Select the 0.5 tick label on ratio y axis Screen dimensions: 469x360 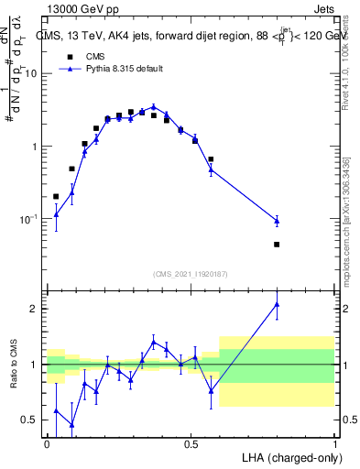31,420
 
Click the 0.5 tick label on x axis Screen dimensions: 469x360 191,444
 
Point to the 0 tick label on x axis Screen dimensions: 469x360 47,444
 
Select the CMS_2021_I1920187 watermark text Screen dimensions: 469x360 190,274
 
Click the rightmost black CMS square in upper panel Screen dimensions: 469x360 277,245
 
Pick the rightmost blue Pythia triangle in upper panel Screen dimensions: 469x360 277,220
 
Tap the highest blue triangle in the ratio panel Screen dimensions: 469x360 277,305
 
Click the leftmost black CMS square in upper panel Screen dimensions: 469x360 56,196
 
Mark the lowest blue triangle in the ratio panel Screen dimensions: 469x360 71,425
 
